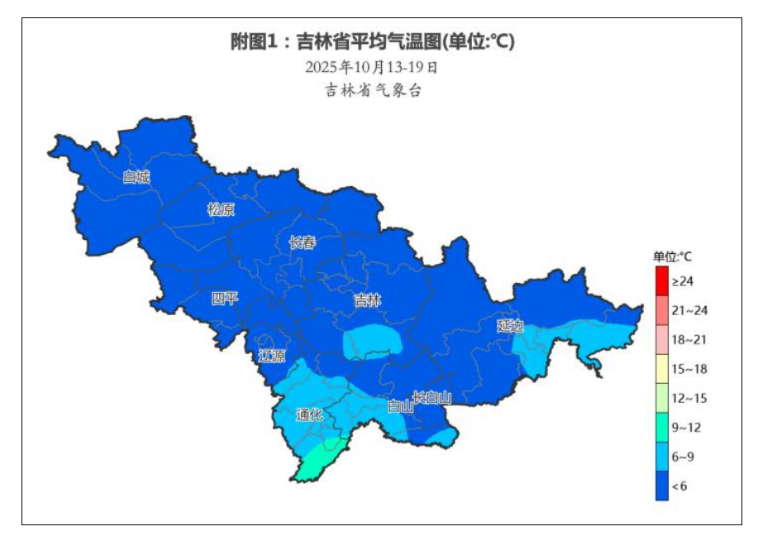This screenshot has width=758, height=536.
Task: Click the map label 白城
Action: pyautogui.click(x=136, y=176)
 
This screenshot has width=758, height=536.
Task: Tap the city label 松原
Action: pyautogui.click(x=221, y=209)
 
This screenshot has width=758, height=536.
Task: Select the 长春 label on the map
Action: pyautogui.click(x=302, y=242)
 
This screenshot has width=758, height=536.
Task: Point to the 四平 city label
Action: pyautogui.click(x=224, y=299)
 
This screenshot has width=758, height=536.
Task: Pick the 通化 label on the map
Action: pyautogui.click(x=309, y=415)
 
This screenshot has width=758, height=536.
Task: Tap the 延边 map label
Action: pyautogui.click(x=510, y=325)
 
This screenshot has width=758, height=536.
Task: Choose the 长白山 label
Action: pyautogui.click(x=432, y=398)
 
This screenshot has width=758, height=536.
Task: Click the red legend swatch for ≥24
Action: pyautogui.click(x=661, y=280)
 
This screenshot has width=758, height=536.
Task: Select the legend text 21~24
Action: pyautogui.click(x=689, y=310)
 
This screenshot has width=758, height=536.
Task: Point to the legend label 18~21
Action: pyautogui.click(x=689, y=339)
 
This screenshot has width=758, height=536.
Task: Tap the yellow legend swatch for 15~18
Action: pyautogui.click(x=661, y=368)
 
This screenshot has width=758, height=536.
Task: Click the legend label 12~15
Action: pyautogui.click(x=689, y=398)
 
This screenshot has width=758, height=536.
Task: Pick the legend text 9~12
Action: pyautogui.click(x=686, y=427)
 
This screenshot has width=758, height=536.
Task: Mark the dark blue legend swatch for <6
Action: pyautogui.click(x=661, y=486)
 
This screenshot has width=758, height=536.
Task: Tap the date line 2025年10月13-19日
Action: pyautogui.click(x=371, y=66)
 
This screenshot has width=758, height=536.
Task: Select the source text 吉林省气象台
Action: pyautogui.click(x=373, y=90)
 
